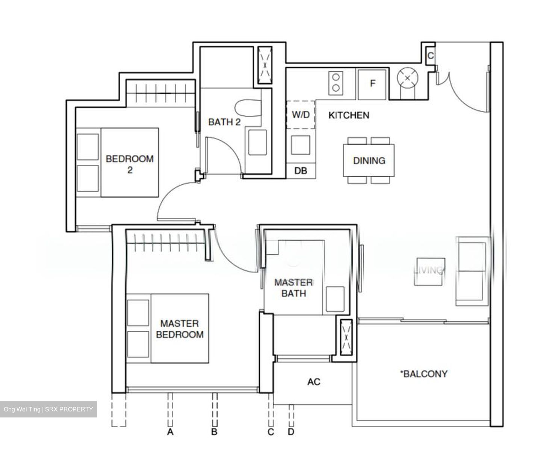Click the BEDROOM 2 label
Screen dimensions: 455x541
coord(130,164)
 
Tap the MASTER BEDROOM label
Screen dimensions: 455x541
coord(180,329)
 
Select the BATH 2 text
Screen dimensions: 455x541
coord(224,122)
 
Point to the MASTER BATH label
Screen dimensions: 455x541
coord(293,288)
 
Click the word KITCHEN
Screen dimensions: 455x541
coord(349,115)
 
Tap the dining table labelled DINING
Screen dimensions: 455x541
coord(369,160)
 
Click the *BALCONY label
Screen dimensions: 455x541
coord(423,374)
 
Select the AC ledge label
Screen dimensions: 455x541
coord(314,382)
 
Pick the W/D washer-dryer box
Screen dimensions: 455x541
coord(301,115)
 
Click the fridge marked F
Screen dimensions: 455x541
coord(372,84)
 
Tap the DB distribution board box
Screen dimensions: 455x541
coord(301,171)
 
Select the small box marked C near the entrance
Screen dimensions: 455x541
coord(431,56)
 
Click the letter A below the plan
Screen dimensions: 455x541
coord(170,432)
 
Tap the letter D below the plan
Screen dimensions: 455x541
coord(291,432)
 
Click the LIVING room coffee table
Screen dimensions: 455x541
coord(430,271)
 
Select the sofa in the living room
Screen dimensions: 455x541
coord(471,271)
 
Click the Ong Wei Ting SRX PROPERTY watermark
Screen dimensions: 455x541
coord(48,409)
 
